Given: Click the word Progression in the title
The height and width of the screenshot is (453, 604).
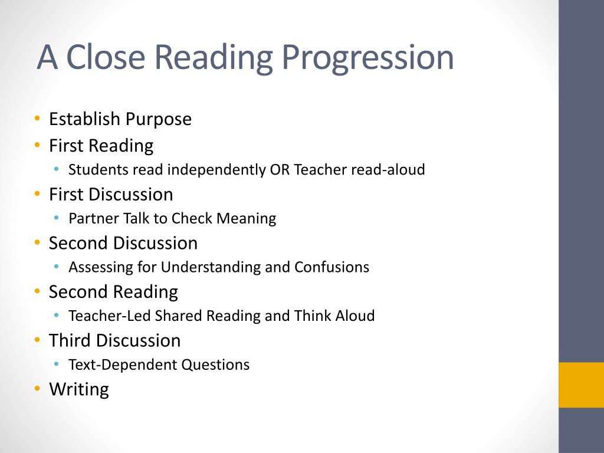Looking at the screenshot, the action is pyautogui.click(x=368, y=58).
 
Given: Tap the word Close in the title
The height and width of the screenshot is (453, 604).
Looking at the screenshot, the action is pyautogui.click(x=106, y=57).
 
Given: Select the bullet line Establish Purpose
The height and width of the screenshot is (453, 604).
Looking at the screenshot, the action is pyautogui.click(x=120, y=119).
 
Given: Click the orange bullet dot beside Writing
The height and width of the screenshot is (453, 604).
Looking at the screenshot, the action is pyautogui.click(x=37, y=388).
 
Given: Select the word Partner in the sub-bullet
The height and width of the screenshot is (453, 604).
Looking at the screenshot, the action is pyautogui.click(x=94, y=218).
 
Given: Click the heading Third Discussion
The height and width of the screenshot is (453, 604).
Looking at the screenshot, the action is pyautogui.click(x=115, y=340).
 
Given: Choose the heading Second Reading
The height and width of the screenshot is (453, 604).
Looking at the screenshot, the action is pyautogui.click(x=113, y=292).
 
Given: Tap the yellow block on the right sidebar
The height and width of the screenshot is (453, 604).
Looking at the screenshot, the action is pyautogui.click(x=581, y=385).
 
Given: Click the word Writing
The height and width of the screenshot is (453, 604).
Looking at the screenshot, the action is pyautogui.click(x=79, y=389).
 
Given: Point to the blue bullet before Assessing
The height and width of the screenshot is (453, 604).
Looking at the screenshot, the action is pyautogui.click(x=57, y=267).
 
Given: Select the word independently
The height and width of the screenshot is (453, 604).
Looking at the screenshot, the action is pyautogui.click(x=216, y=170).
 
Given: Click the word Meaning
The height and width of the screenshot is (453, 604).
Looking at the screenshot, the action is pyautogui.click(x=246, y=219).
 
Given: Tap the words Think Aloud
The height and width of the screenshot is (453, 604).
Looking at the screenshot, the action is pyautogui.click(x=334, y=316).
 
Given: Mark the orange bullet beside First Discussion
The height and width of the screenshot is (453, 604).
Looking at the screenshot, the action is pyautogui.click(x=37, y=193).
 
